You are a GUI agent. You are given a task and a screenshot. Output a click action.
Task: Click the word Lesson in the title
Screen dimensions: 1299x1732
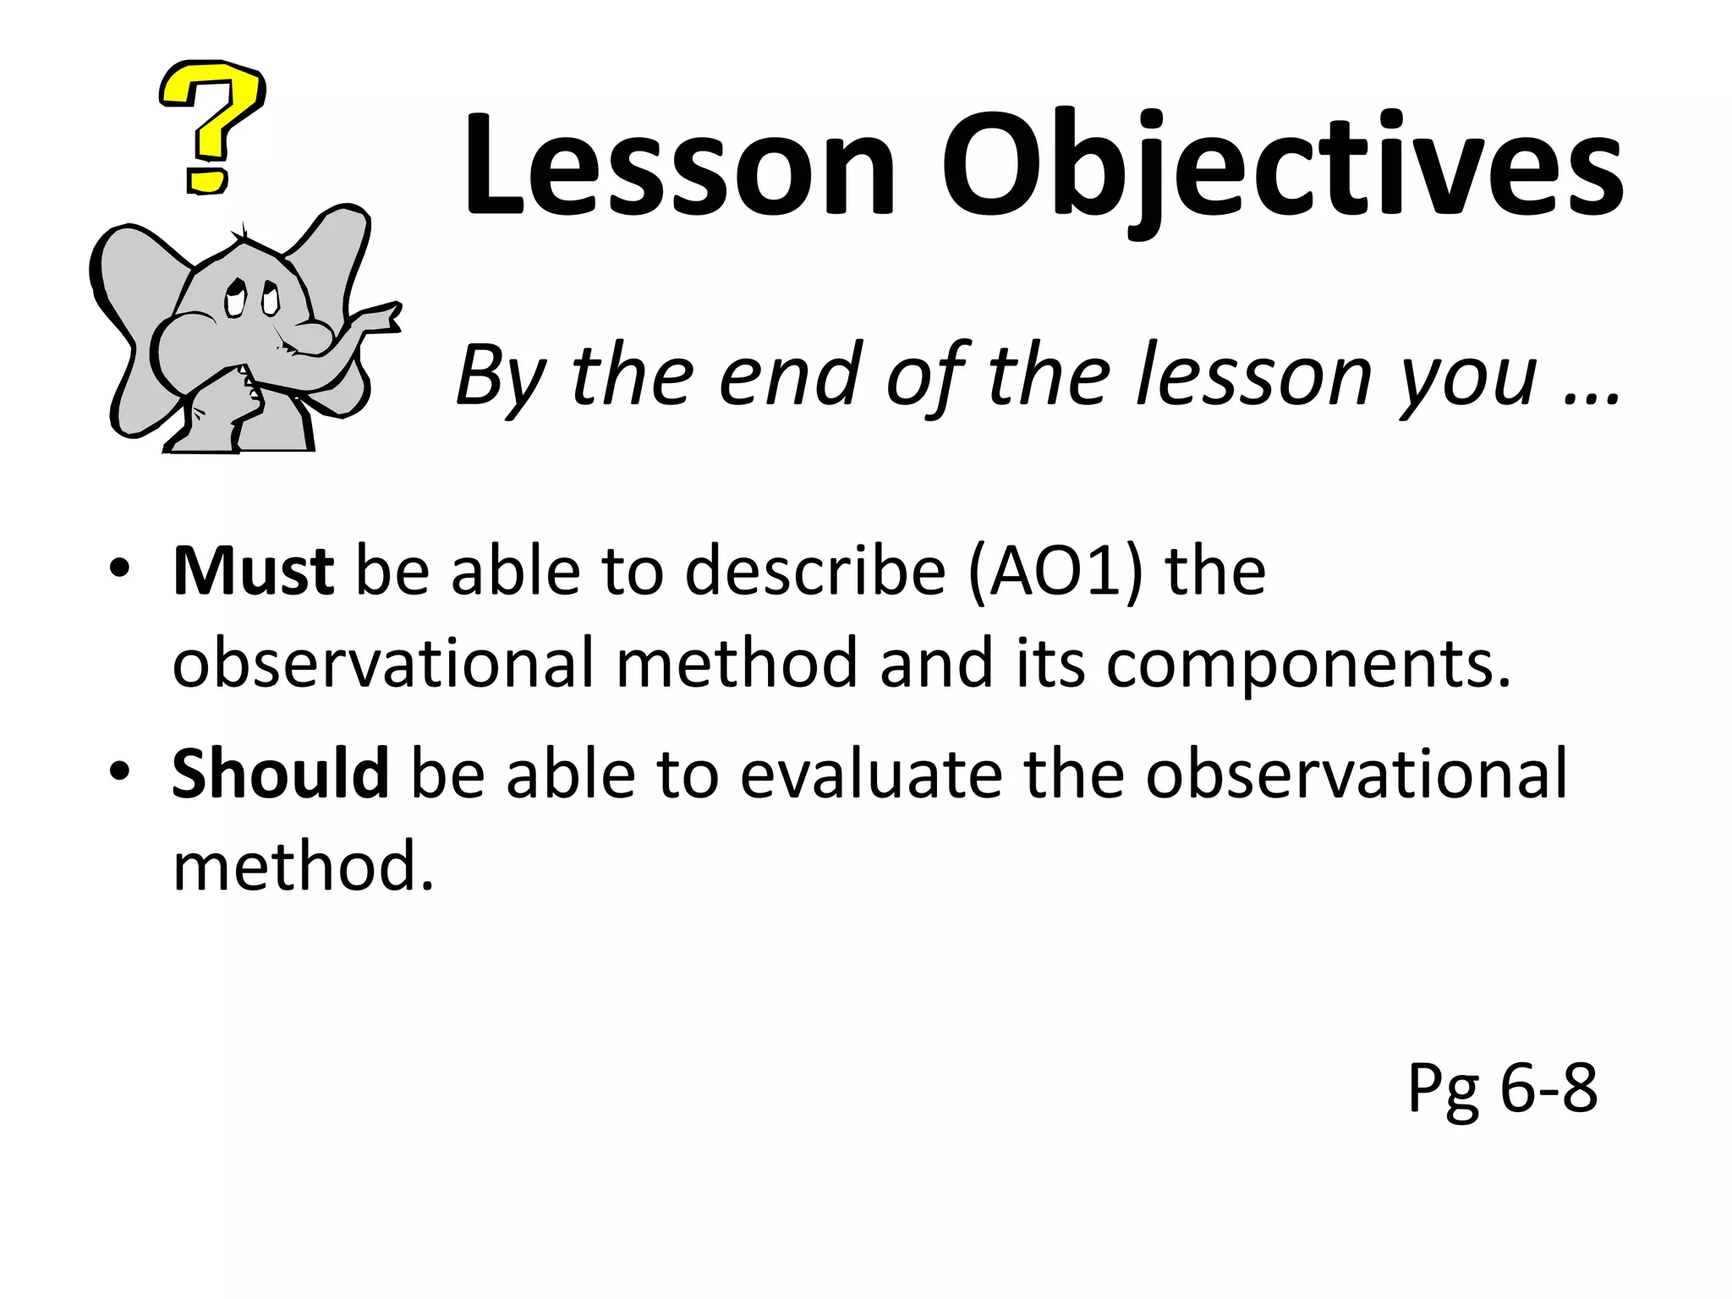(x=677, y=165)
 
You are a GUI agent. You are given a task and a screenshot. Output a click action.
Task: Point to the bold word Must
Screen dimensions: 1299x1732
(x=253, y=573)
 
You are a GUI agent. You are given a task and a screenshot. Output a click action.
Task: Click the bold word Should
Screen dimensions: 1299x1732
(x=280, y=774)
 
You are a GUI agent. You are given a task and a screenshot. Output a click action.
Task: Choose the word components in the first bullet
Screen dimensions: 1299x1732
(x=1307, y=665)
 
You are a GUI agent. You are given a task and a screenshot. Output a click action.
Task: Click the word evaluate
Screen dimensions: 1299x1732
(x=873, y=774)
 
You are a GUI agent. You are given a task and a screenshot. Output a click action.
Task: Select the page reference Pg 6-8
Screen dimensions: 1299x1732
(x=1502, y=1089)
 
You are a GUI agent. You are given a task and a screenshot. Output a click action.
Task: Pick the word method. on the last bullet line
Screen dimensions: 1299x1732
(x=303, y=866)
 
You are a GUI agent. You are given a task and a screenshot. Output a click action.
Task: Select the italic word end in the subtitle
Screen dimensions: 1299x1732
(x=790, y=376)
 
